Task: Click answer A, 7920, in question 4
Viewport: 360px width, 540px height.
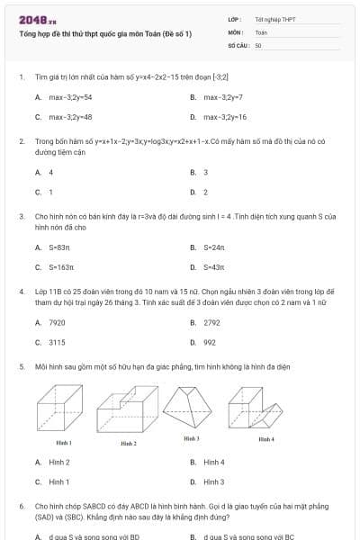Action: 57,322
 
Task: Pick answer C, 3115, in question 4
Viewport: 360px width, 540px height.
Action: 57,342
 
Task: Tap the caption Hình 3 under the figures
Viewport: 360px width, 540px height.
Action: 191,438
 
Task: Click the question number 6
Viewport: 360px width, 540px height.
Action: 22,507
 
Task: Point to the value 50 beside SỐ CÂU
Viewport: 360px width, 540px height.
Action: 258,44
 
